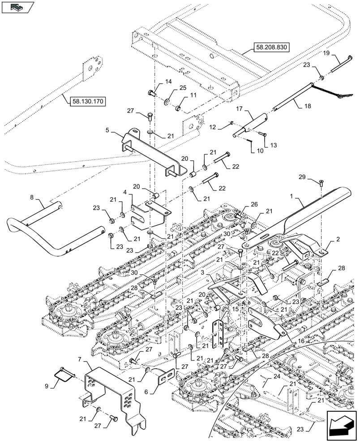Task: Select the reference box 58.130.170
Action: pyautogui.click(x=87, y=102)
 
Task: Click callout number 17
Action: pyautogui.click(x=239, y=108)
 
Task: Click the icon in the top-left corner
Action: pyautogui.click(x=18, y=7)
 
